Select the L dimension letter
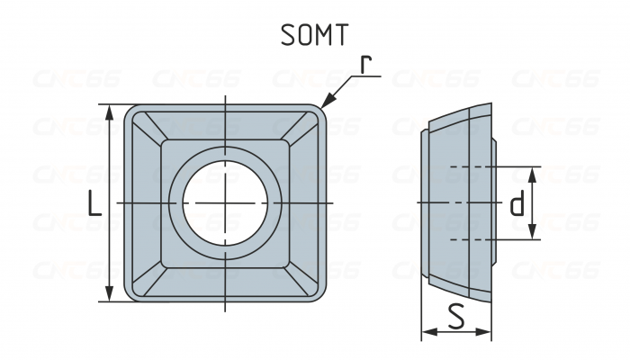[x=94, y=206]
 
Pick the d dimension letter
[x=516, y=205]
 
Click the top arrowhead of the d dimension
[x=533, y=172]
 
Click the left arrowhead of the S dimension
[x=426, y=332]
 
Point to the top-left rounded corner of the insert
[x=130, y=112]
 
